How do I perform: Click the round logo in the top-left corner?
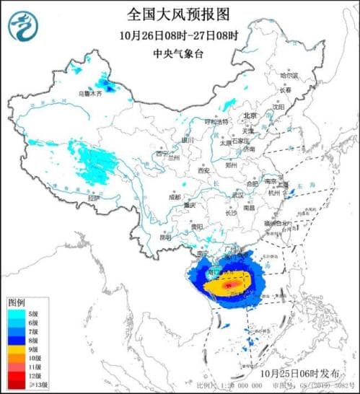click(x=23, y=27)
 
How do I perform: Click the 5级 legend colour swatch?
click(x=15, y=314)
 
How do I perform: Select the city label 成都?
click(x=175, y=196)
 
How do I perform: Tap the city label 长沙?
click(x=231, y=213)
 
